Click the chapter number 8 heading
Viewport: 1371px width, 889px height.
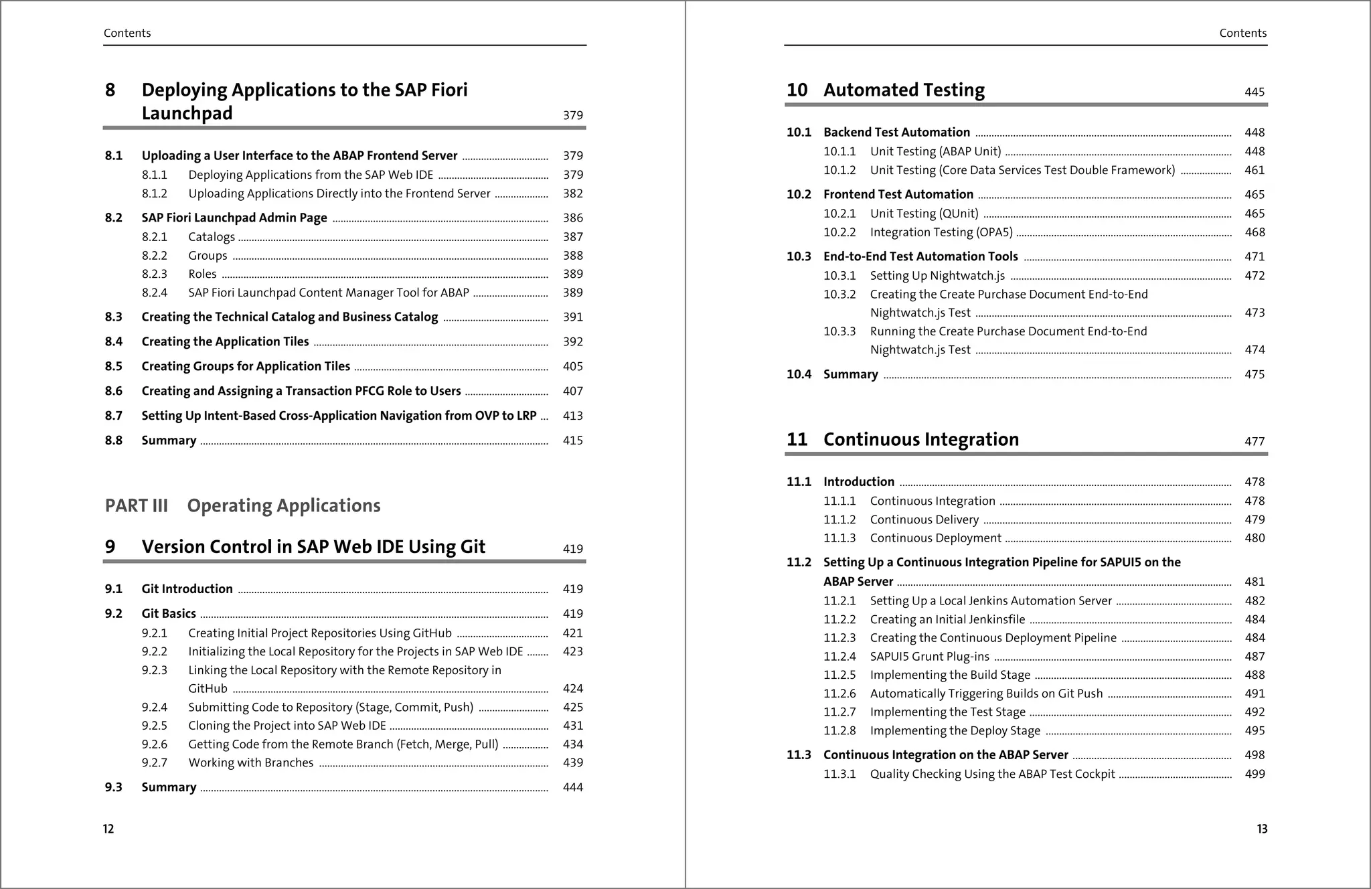[x=110, y=90]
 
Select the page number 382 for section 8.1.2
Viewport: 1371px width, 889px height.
[x=572, y=193]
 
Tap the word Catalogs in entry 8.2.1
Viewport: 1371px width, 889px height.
[x=212, y=237]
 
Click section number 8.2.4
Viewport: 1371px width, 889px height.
[x=154, y=293]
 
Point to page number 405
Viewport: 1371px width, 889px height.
[x=572, y=366]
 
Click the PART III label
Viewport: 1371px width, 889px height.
[x=137, y=505]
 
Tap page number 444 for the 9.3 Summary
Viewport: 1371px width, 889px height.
[x=572, y=787]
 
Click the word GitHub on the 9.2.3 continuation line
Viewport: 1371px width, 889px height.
[x=208, y=689]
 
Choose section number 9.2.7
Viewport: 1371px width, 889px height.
[x=154, y=762]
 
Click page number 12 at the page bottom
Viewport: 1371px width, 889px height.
[x=108, y=829]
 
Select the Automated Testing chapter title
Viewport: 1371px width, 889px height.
[x=904, y=90]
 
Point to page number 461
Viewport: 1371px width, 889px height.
[x=1255, y=170]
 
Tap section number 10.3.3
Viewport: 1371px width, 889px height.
[x=839, y=331]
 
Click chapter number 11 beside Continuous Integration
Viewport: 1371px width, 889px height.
[x=797, y=439]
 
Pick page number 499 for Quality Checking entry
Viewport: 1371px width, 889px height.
[x=1255, y=774]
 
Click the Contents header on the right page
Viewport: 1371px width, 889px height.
[x=1242, y=33]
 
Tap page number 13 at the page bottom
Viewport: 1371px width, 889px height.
[x=1262, y=829]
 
